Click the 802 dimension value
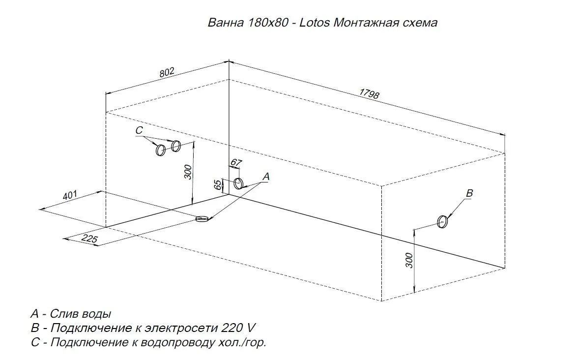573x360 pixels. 168,72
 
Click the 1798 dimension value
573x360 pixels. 369,93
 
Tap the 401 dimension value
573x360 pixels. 70,195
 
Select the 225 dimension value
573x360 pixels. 89,239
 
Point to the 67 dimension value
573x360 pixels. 236,162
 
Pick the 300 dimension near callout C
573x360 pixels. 188,172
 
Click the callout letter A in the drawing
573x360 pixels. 266,177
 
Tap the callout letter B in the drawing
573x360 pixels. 470,193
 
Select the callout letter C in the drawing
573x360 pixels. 139,130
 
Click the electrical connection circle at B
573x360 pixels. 442,222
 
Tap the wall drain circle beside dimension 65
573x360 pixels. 238,183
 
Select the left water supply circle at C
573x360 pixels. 160,150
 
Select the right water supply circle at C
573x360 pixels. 176,146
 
